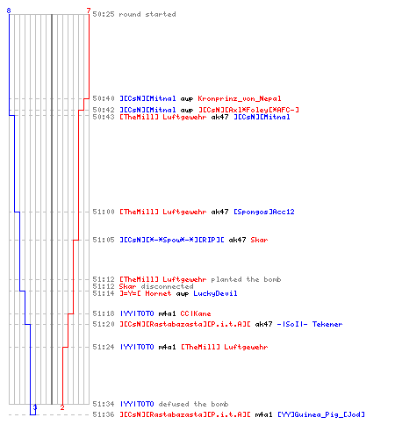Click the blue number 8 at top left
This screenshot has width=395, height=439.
[x=9, y=11]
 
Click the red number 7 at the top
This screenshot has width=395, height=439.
[x=89, y=11]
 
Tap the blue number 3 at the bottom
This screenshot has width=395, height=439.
[x=35, y=407]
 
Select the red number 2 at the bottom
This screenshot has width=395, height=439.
[x=62, y=407]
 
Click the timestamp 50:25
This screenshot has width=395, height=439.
[x=104, y=14]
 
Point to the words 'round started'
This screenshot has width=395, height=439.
[x=147, y=14]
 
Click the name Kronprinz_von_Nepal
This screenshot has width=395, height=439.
[x=240, y=98]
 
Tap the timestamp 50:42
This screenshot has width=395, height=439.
[x=104, y=110]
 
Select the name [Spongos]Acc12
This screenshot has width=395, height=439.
[x=264, y=212]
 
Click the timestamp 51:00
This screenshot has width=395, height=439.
[x=104, y=212]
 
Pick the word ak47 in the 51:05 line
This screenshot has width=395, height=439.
[x=237, y=240]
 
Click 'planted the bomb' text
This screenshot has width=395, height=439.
[x=246, y=279]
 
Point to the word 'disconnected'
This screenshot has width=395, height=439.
[x=167, y=286]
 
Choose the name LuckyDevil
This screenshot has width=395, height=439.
[x=215, y=293]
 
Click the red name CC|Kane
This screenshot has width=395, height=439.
[x=196, y=313]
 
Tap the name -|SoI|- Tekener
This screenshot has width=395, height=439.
[x=310, y=324]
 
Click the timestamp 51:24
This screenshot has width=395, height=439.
[x=104, y=347]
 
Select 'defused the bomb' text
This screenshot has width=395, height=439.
[x=193, y=404]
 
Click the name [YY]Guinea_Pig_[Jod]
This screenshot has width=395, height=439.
[x=321, y=414]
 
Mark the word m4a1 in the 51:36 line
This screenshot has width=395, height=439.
[x=263, y=414]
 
